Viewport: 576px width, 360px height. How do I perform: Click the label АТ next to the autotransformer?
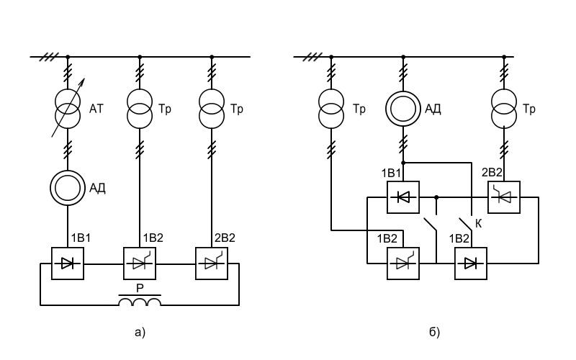[96, 109]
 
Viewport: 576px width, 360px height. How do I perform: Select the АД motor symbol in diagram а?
[68, 188]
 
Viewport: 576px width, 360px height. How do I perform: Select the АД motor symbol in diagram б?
[403, 109]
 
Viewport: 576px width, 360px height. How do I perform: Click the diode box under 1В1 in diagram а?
[68, 264]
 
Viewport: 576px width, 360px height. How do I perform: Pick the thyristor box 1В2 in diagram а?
[140, 264]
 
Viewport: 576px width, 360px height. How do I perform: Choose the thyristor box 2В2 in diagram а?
[212, 264]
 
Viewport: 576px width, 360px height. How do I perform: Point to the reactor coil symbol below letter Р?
[140, 300]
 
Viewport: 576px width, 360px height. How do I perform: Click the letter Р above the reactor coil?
[140, 289]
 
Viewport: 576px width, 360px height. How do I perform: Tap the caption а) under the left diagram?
[140, 333]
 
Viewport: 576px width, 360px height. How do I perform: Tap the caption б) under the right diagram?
[434, 332]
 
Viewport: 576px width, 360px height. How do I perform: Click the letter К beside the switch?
[478, 223]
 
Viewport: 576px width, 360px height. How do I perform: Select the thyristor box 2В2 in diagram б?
[504, 197]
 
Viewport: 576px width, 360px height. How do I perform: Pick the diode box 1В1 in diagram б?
[403, 197]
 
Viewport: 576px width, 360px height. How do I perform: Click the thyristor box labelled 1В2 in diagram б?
[403, 264]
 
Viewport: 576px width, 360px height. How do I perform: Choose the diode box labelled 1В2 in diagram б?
[471, 264]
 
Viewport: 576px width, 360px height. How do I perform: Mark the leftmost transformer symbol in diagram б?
[331, 109]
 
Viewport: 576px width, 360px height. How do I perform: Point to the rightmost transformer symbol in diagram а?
[212, 109]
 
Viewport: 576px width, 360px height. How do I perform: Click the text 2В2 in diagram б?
[492, 172]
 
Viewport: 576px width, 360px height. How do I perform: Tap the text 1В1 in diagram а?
[81, 238]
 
